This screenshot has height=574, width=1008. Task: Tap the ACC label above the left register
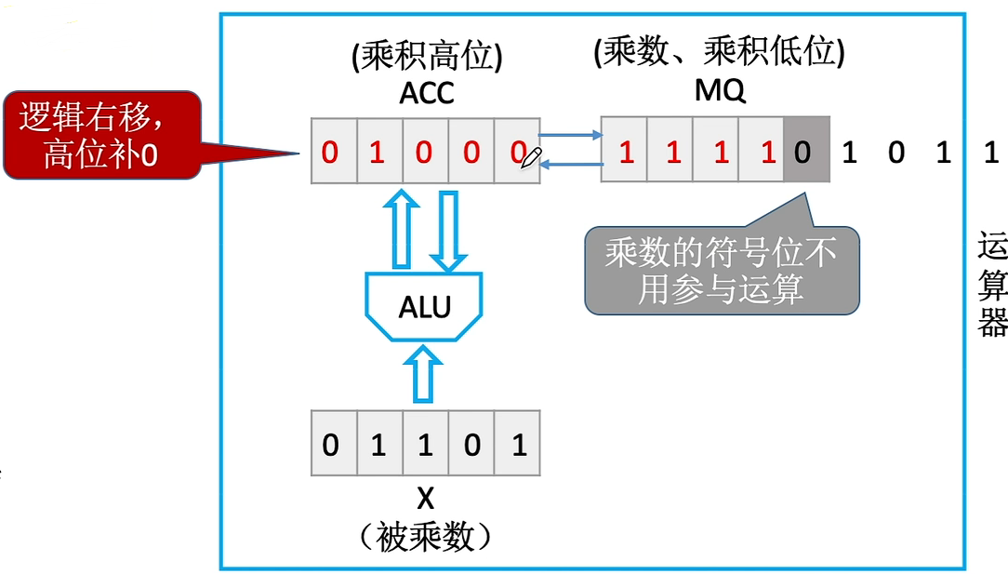pyautogui.click(x=425, y=94)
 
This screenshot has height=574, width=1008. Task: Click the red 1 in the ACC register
pyautogui.click(x=378, y=152)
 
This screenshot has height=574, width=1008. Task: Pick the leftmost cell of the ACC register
pyautogui.click(x=332, y=152)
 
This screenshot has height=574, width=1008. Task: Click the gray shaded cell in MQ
pyautogui.click(x=805, y=151)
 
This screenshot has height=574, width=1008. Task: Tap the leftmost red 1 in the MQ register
pyautogui.click(x=626, y=151)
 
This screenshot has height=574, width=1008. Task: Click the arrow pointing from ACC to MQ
pyautogui.click(x=570, y=136)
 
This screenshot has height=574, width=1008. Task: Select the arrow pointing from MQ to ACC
pyautogui.click(x=570, y=165)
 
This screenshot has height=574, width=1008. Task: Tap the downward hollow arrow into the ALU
pyautogui.click(x=449, y=230)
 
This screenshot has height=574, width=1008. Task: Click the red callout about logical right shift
pyautogui.click(x=102, y=135)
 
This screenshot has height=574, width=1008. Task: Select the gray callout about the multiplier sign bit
pyautogui.click(x=721, y=270)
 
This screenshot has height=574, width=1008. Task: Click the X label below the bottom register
pyautogui.click(x=425, y=499)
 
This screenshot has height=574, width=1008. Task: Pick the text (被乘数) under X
pyautogui.click(x=425, y=537)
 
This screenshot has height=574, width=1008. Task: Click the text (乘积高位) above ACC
pyautogui.click(x=426, y=58)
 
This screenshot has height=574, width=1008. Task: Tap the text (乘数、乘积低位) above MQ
pyautogui.click(x=719, y=53)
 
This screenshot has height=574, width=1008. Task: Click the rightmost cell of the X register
pyautogui.click(x=518, y=445)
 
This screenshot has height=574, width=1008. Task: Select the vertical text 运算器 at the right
pyautogui.click(x=992, y=286)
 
